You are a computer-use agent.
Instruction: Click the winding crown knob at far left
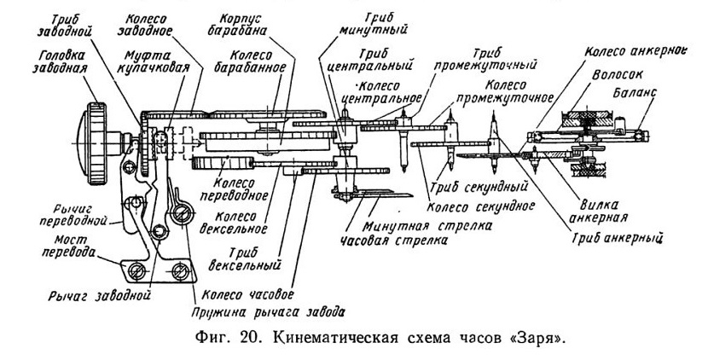pyautogui.click(x=94, y=143)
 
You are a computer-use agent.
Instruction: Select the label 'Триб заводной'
pyautogui.click(x=64, y=26)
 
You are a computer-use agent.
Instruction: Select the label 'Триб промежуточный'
pyautogui.click(x=485, y=59)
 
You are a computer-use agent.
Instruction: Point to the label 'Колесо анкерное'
pyautogui.click(x=635, y=51)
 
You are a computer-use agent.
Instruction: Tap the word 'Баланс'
pyautogui.click(x=635, y=93)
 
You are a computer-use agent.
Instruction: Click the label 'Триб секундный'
pyautogui.click(x=479, y=186)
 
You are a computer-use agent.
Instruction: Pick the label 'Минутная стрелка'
pyautogui.click(x=427, y=225)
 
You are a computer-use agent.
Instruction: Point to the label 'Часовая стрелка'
pyautogui.click(x=394, y=241)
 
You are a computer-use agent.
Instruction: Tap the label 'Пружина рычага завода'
pyautogui.click(x=269, y=311)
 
